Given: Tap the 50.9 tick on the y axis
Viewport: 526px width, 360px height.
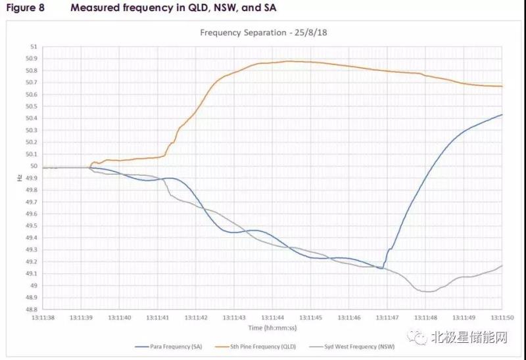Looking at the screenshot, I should click(31, 59).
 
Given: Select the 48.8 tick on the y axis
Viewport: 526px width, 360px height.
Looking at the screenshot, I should click(31, 309).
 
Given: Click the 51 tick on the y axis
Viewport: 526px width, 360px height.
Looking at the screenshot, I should click(34, 47).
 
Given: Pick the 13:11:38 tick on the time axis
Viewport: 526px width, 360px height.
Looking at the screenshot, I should click(42, 317).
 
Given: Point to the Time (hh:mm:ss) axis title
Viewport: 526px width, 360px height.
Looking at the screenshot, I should click(272, 327).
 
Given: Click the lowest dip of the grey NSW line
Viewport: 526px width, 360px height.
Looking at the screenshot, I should click(426, 292).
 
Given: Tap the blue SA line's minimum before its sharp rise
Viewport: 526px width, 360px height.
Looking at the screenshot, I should click(381, 268).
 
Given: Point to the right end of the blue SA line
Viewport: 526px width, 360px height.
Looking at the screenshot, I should click(502, 114).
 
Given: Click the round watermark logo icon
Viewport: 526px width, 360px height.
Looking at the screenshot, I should click(419, 338).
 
